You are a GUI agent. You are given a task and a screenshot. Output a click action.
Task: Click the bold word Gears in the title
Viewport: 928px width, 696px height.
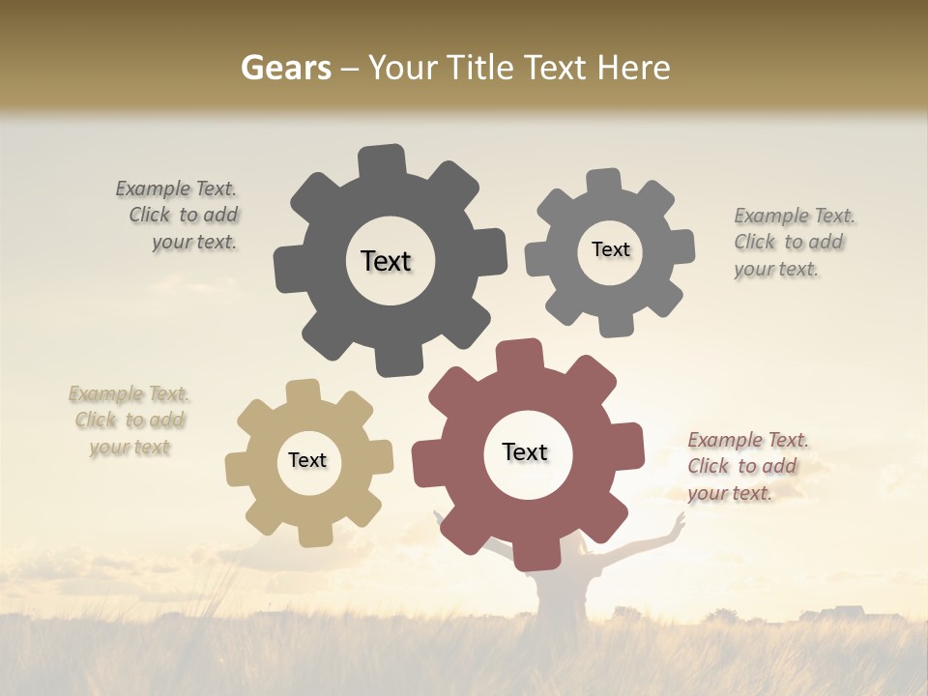285,68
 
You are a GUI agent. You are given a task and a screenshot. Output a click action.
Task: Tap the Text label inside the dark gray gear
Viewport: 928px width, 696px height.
386,261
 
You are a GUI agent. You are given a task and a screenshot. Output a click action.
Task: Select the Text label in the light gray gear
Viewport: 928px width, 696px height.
610,249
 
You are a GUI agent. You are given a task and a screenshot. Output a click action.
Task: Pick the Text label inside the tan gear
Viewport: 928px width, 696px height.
307,460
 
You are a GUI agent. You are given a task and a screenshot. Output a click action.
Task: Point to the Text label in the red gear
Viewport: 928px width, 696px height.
525,451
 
